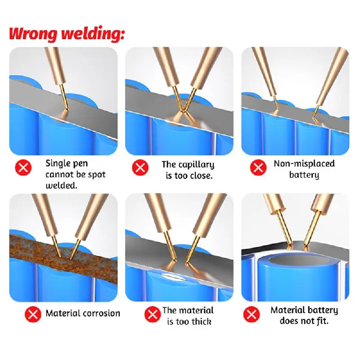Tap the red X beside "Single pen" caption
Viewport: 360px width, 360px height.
point(23,168)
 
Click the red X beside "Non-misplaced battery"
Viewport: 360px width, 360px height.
point(258,168)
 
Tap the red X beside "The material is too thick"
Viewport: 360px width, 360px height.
point(152,315)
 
